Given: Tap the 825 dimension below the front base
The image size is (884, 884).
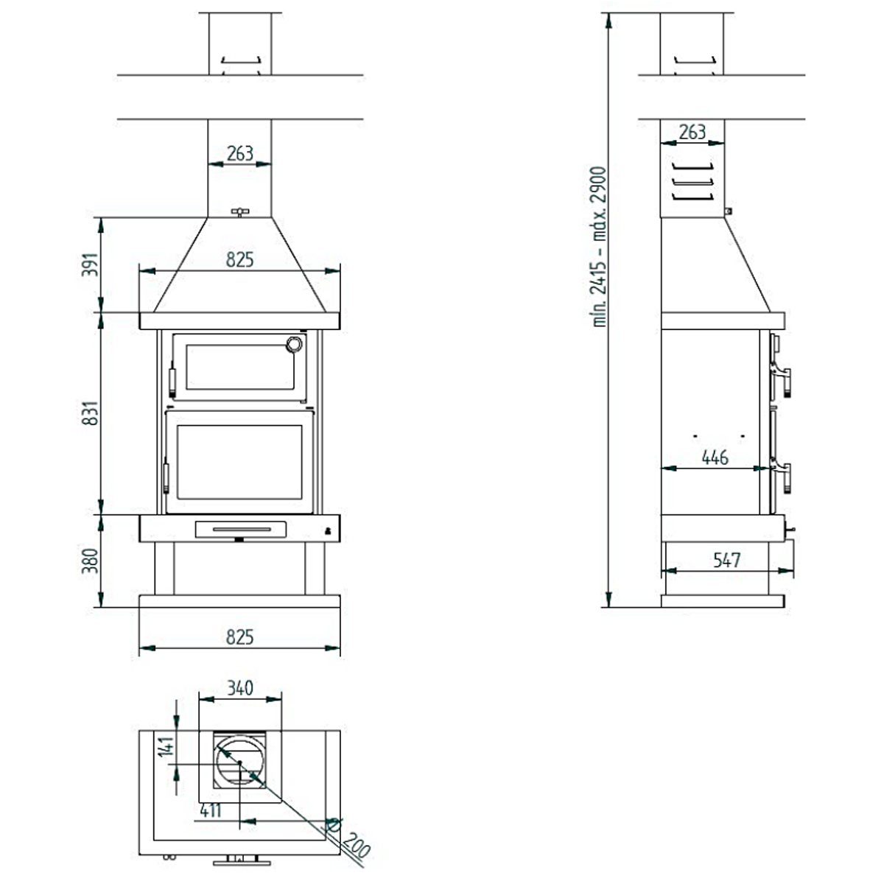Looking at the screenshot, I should [239, 636].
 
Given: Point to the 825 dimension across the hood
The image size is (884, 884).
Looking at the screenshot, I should [239, 259].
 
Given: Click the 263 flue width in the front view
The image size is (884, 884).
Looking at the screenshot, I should [240, 153].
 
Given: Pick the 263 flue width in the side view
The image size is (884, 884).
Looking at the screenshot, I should [692, 133].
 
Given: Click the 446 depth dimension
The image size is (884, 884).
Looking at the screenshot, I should [714, 457].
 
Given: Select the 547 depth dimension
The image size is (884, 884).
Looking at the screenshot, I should [726, 560].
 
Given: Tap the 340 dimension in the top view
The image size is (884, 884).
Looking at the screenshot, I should [240, 688].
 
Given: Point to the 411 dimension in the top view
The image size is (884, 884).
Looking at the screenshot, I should [211, 811].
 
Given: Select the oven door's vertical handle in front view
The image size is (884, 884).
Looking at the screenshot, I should [173, 381].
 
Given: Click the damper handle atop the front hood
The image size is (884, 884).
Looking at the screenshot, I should [240, 213].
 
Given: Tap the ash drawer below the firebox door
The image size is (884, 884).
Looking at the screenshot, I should [240, 528].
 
